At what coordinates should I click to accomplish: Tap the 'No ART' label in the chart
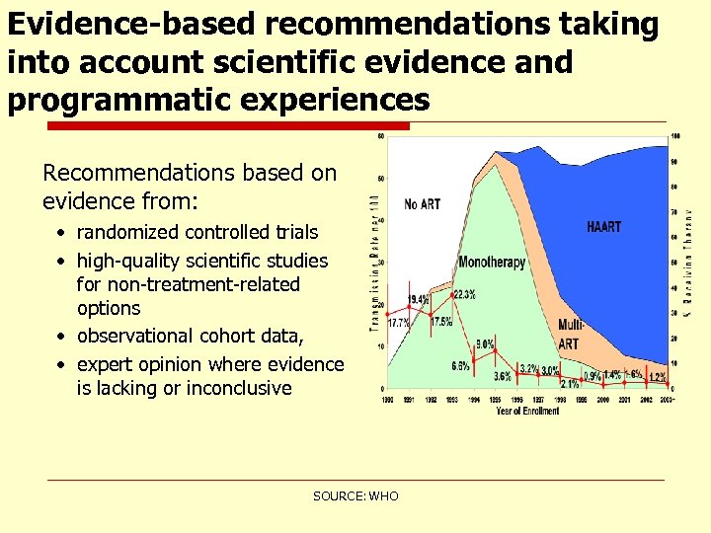[423, 204]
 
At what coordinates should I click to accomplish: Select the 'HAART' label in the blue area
[603, 227]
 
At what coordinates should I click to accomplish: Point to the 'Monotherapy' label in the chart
[492, 263]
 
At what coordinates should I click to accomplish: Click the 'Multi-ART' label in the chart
[570, 334]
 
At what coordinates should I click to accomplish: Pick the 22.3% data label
[463, 294]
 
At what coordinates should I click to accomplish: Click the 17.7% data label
[398, 323]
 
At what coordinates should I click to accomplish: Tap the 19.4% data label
[418, 298]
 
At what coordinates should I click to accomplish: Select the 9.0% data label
[485, 344]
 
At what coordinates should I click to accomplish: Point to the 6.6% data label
[460, 366]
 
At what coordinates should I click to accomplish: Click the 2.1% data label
[569, 383]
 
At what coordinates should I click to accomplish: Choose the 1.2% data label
[657, 377]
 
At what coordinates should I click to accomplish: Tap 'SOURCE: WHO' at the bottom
[355, 495]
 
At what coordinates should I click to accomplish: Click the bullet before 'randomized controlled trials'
[61, 233]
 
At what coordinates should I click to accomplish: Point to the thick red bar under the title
[228, 125]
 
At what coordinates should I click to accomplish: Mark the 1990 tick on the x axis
[386, 400]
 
